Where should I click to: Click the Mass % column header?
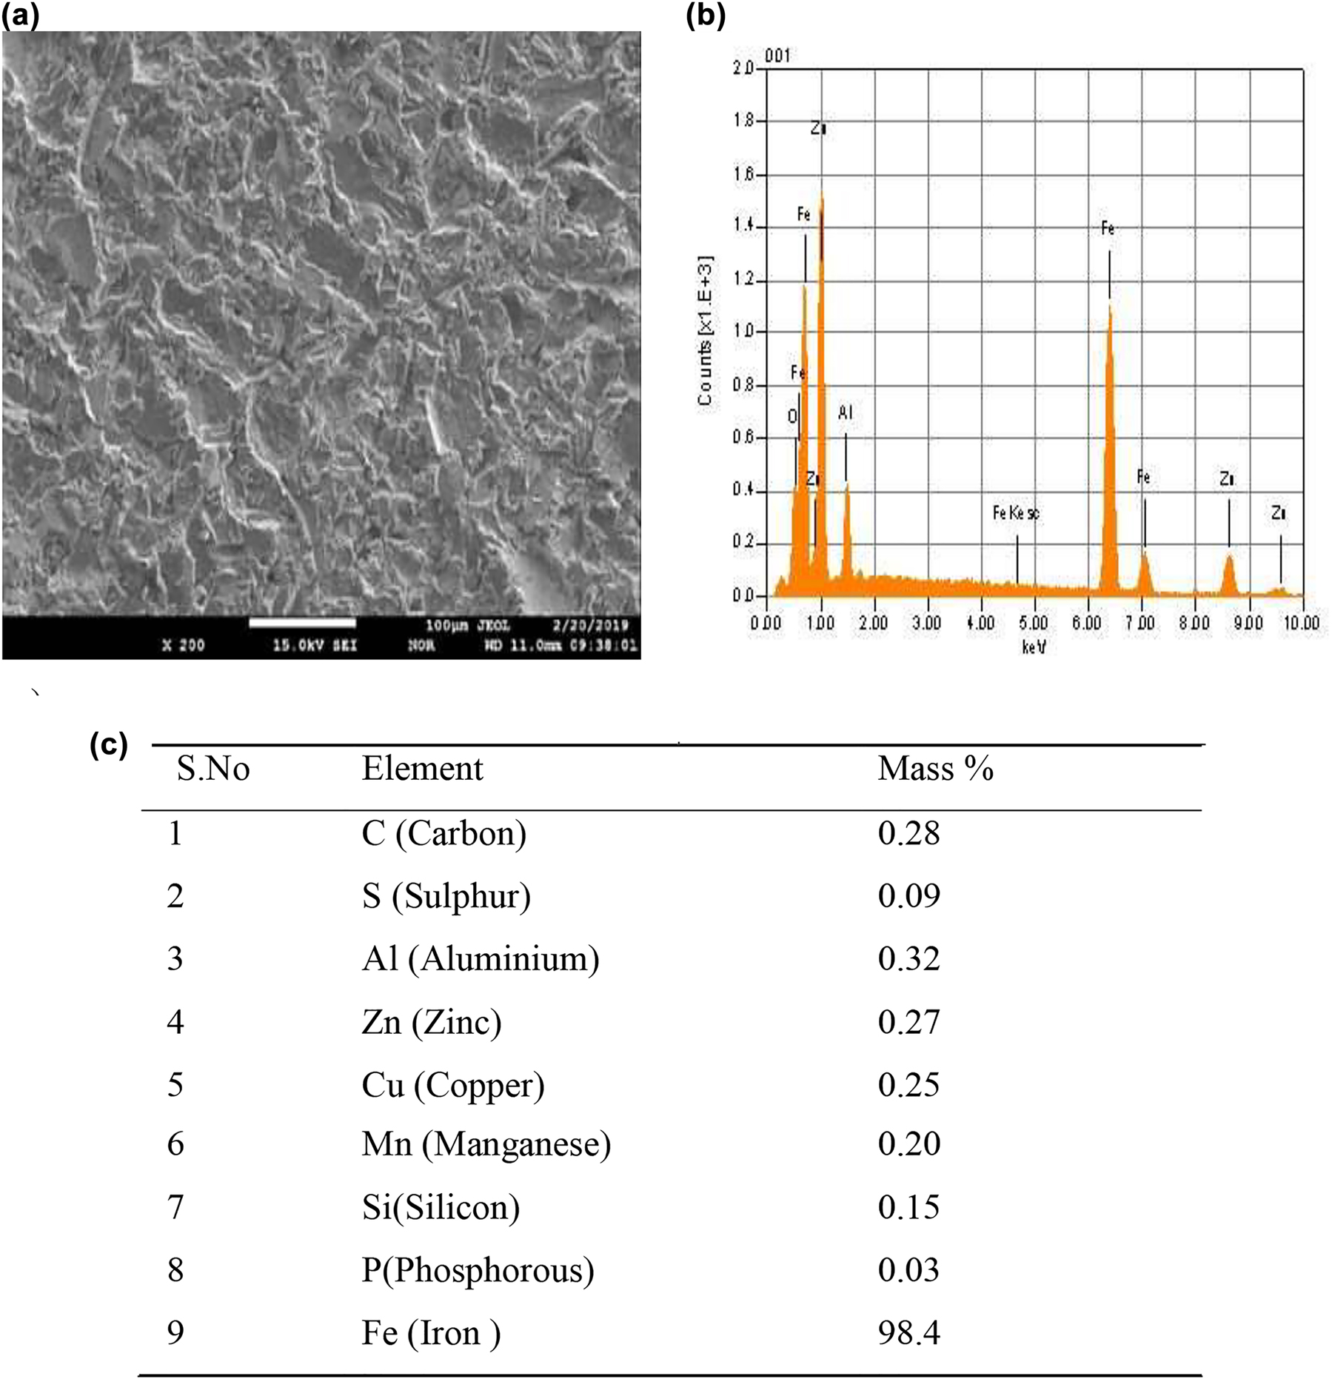point(935,769)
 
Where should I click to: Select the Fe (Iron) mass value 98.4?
point(908,1332)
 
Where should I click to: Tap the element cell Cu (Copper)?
point(452,1085)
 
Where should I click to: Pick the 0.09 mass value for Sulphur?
point(908,896)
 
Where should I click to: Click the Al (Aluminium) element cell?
point(480,959)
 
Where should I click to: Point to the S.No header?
point(212,769)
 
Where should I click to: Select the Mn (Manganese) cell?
point(486,1144)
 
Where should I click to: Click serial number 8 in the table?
point(175,1270)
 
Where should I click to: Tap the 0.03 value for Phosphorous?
point(908,1270)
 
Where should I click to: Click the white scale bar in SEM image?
point(302,623)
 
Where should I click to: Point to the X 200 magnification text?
point(183,645)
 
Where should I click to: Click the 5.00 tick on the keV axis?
point(1034,623)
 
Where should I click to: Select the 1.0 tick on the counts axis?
point(743,330)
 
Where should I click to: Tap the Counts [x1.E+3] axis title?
point(705,331)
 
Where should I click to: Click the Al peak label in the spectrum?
point(845,413)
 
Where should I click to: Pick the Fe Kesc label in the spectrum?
point(1015,512)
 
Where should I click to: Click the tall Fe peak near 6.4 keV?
point(1109,444)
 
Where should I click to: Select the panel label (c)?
point(108,744)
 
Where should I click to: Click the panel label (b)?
point(706,15)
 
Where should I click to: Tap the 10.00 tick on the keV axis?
point(1301,623)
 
